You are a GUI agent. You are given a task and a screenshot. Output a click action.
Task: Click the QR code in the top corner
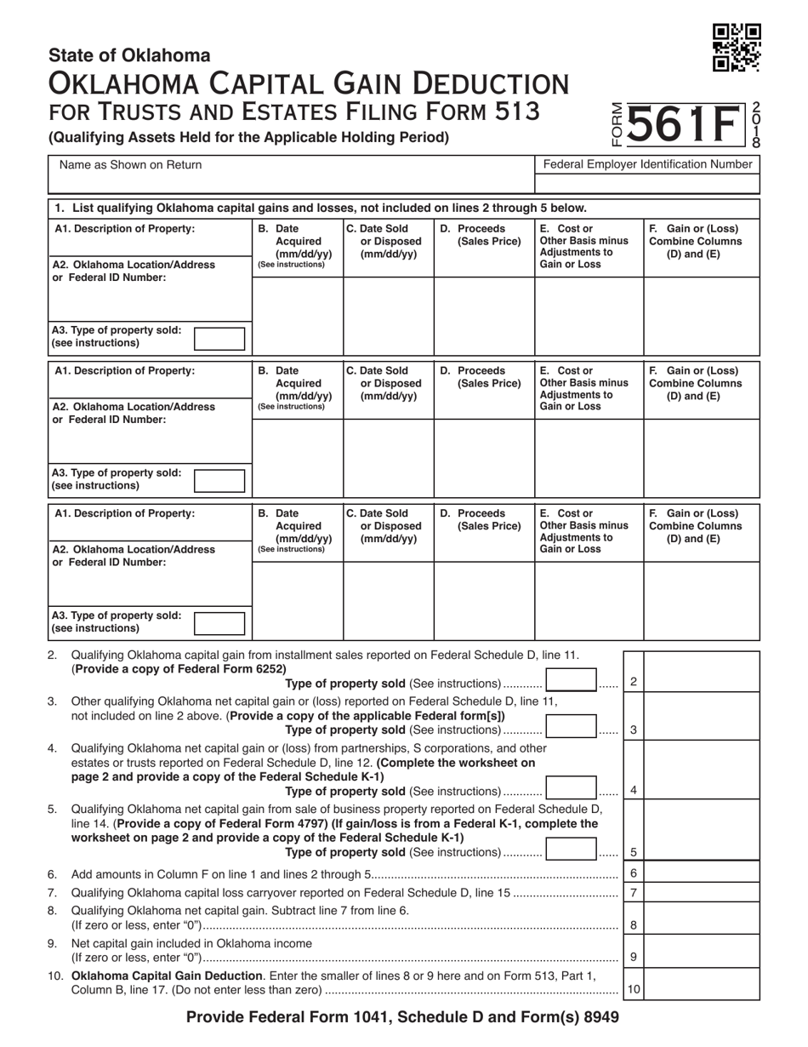point(736,49)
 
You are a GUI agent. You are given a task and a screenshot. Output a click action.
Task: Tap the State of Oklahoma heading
point(129,55)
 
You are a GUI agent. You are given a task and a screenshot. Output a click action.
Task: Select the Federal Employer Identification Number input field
point(646,183)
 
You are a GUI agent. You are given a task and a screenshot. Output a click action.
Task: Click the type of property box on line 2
point(571,682)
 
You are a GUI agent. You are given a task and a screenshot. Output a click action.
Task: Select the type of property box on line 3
point(571,729)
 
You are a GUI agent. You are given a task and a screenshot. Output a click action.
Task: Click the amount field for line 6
point(702,873)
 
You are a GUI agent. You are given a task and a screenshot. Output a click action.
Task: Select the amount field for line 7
point(702,892)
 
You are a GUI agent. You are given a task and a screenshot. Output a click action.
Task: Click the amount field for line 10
point(702,989)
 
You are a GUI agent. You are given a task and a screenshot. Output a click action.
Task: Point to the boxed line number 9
point(634,957)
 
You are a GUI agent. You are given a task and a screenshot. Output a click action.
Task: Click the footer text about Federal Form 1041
point(402,1016)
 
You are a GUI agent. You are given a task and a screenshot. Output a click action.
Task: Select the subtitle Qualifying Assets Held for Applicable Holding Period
point(248,136)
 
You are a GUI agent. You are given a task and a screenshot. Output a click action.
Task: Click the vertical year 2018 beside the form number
point(756,126)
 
